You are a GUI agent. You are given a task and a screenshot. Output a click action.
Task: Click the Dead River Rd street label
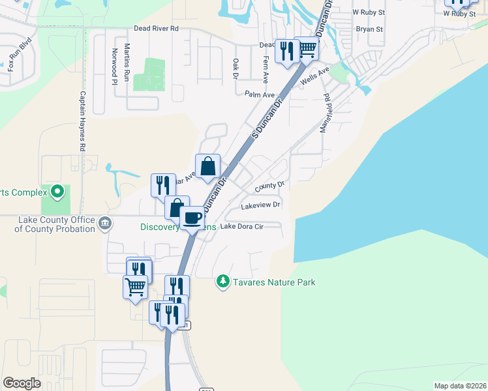(156, 29)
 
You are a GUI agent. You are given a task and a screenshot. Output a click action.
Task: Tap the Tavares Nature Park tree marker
(223, 281)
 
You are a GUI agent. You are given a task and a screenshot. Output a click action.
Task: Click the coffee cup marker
(192, 218)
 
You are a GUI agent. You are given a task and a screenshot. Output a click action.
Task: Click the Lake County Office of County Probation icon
(104, 225)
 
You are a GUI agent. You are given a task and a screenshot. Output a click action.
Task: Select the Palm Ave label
(260, 94)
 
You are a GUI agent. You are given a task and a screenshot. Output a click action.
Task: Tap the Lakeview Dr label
(260, 205)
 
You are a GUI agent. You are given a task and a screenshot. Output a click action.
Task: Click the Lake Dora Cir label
(241, 227)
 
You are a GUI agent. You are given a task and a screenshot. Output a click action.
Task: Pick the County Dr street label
(270, 185)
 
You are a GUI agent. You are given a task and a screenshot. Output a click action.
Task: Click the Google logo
(22, 383)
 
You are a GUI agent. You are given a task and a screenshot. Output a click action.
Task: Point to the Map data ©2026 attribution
(460, 386)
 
